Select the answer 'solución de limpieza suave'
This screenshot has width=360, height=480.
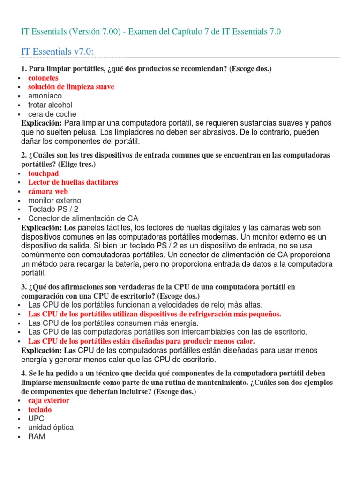pyautogui.click(x=71, y=87)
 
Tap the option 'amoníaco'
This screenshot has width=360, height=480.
pyautogui.click(x=45, y=96)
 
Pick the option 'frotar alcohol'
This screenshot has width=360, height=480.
pyautogui.click(x=50, y=105)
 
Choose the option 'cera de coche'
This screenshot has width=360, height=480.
pyautogui.click(x=52, y=114)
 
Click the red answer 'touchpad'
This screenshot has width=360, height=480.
pyautogui.click(x=44, y=173)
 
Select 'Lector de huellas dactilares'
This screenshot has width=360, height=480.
pyautogui.click(x=73, y=182)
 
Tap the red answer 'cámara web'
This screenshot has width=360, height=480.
pyautogui.click(x=48, y=191)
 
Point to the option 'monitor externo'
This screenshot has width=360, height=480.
pyautogui.click(x=54, y=201)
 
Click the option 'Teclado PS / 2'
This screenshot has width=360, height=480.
pyautogui.click(x=53, y=210)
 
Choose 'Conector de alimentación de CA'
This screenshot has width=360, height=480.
pyautogui.click(x=83, y=218)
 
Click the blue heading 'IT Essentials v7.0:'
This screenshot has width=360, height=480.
pyautogui.click(x=61, y=51)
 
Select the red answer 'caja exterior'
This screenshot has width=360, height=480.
pyautogui.click(x=49, y=400)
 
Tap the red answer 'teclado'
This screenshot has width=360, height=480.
pyautogui.click(x=40, y=410)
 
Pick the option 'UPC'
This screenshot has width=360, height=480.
pyautogui.click(x=37, y=419)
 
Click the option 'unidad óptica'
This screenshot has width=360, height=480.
pyautogui.click(x=51, y=427)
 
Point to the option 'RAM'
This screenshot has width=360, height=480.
pyautogui.click(x=37, y=437)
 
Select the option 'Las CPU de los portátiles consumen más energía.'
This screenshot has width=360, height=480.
pyautogui.click(x=113, y=323)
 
